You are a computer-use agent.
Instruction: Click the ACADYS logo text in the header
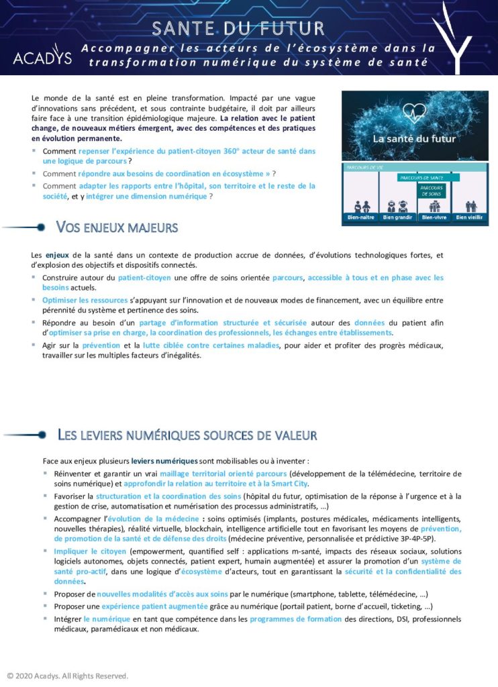(42, 58)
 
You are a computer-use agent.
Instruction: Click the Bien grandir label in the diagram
(397, 217)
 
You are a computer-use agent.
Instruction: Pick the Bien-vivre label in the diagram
(434, 217)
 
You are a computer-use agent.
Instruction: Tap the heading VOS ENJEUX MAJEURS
(117, 227)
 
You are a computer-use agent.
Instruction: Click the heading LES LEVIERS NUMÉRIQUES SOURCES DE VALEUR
(187, 435)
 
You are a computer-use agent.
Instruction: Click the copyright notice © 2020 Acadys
(66, 676)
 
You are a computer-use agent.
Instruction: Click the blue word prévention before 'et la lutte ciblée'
(101, 345)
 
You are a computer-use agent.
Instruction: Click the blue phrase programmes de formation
(295, 619)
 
